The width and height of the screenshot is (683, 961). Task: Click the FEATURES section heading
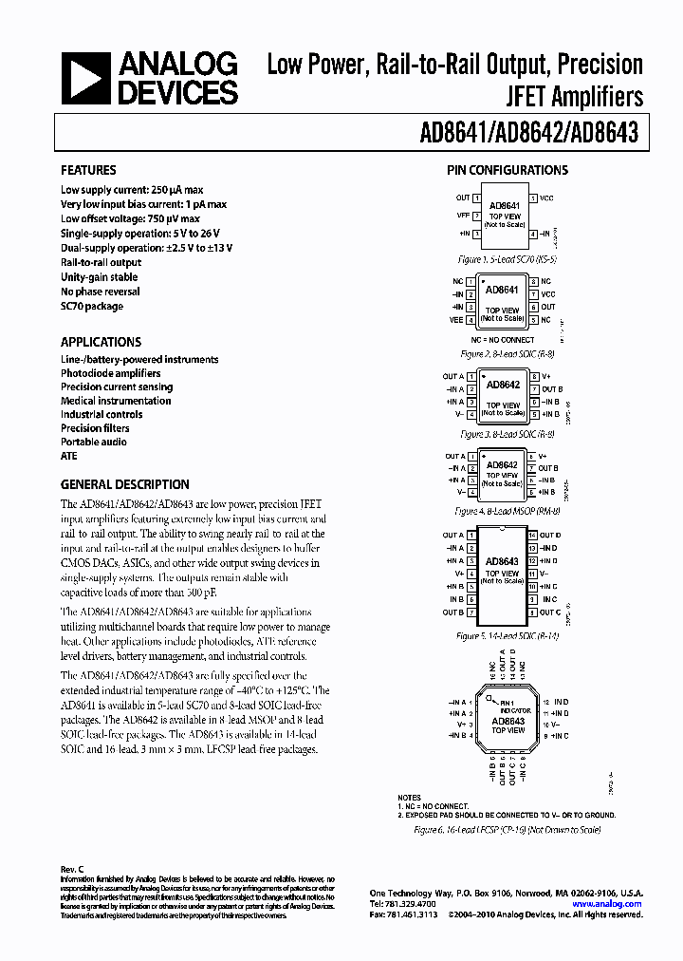pos(88,171)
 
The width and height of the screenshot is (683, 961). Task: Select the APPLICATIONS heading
pos(101,342)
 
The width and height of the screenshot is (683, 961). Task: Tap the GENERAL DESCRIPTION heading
pos(124,484)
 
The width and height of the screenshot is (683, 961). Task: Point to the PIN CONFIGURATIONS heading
pos(508,171)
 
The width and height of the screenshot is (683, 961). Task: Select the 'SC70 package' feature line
pos(92,306)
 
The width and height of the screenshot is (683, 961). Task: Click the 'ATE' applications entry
pos(69,456)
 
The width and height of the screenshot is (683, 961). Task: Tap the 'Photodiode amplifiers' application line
pos(110,373)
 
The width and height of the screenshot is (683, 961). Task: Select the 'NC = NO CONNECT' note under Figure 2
pos(503,339)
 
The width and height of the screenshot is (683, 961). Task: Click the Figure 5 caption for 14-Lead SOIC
pos(508,635)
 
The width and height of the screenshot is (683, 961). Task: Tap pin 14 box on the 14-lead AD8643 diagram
pos(533,536)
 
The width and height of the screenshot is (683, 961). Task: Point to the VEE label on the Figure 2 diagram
pos(455,321)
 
